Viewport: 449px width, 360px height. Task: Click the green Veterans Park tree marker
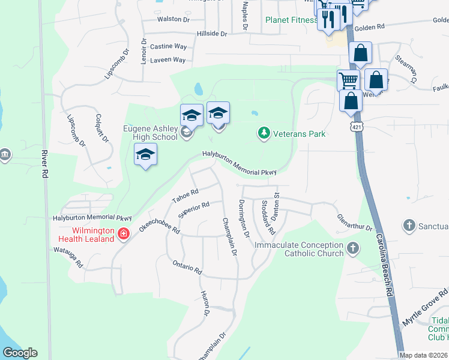click(x=264, y=133)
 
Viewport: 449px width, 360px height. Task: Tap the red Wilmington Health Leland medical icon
click(x=124, y=233)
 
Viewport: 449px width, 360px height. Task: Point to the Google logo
click(x=20, y=352)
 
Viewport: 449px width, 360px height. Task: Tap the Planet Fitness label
click(x=291, y=20)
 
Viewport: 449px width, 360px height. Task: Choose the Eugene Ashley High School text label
click(x=150, y=132)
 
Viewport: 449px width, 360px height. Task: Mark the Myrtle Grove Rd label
click(x=425, y=306)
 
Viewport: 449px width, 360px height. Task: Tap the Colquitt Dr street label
click(x=101, y=128)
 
